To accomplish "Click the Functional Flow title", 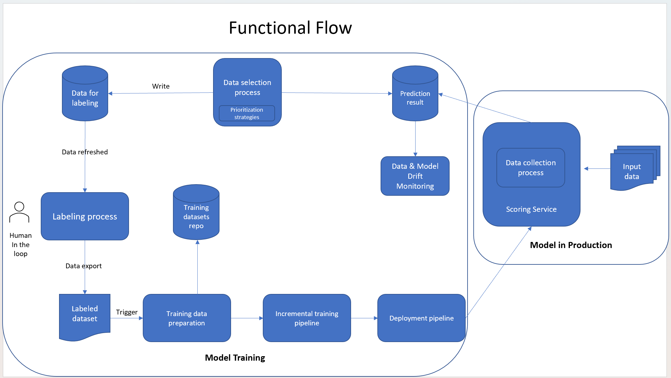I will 290,28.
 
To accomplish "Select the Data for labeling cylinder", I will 85,96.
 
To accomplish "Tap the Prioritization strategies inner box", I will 247,113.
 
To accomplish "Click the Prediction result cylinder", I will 415,96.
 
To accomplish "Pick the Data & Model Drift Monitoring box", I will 415,176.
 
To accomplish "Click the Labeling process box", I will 85,216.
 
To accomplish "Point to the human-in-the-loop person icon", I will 19,212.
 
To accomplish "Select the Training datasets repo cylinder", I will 196,215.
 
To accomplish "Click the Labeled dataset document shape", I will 85,314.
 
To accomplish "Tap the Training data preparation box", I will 187,318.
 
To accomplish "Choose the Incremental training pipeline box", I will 307,318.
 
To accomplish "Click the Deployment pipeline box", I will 421,318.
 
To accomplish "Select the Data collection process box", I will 530,168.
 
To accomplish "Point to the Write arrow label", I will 161,86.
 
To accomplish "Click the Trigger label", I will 127,312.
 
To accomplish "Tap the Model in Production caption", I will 571,245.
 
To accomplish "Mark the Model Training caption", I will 235,358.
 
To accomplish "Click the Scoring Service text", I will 531,209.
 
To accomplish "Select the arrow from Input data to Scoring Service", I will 597,168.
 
